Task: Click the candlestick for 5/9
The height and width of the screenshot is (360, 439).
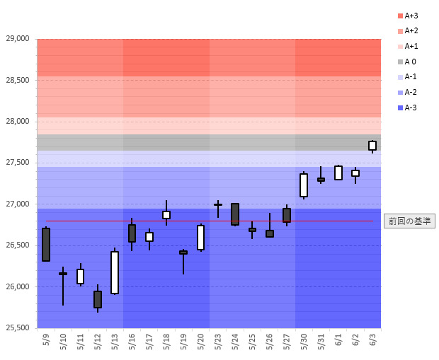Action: point(46,245)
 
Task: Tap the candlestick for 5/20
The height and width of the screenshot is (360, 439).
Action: point(201,238)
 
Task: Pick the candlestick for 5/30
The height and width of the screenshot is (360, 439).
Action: point(304,185)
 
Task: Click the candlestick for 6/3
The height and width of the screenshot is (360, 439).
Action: point(372,146)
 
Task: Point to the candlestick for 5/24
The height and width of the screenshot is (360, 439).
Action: point(235,214)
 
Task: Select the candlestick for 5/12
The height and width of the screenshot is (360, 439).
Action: point(98,299)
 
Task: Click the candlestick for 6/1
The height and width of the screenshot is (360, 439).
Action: point(338,173)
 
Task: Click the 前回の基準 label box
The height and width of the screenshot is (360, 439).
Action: point(409,221)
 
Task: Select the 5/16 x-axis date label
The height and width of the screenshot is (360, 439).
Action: point(132,342)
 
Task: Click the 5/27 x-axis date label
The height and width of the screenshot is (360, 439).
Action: point(287,342)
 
